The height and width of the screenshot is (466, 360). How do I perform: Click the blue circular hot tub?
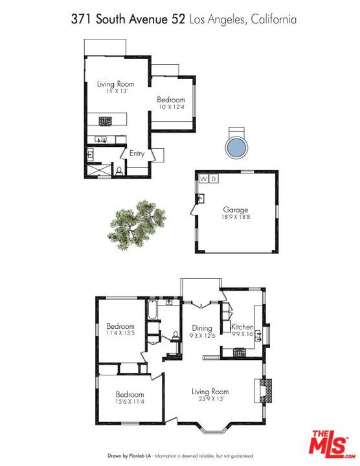click(236, 148)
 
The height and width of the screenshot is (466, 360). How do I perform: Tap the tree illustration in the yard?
click(137, 225)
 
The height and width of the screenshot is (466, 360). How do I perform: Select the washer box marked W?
click(204, 179)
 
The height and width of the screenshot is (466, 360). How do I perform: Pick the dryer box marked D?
click(214, 179)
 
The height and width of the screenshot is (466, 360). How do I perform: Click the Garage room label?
click(236, 210)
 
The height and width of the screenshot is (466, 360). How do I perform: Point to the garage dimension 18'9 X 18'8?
click(236, 217)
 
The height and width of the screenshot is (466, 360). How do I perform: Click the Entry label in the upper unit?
click(137, 153)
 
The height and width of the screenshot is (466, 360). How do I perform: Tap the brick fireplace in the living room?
click(263, 390)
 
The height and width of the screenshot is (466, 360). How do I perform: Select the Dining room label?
click(202, 328)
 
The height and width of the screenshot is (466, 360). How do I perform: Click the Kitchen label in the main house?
click(242, 327)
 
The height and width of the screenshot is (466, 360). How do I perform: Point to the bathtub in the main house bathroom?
click(152, 309)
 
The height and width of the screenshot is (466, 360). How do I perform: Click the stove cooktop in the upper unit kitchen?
click(105, 121)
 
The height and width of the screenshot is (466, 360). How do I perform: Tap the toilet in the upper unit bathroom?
click(119, 172)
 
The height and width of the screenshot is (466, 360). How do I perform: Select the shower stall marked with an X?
click(98, 170)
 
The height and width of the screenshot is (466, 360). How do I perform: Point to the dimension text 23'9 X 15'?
click(211, 399)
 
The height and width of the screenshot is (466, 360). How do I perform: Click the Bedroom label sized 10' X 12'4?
click(171, 100)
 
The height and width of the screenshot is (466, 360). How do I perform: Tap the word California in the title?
click(273, 19)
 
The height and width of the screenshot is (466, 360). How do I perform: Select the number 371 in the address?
click(82, 19)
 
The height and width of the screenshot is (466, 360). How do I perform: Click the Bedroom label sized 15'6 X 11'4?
click(130, 394)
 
